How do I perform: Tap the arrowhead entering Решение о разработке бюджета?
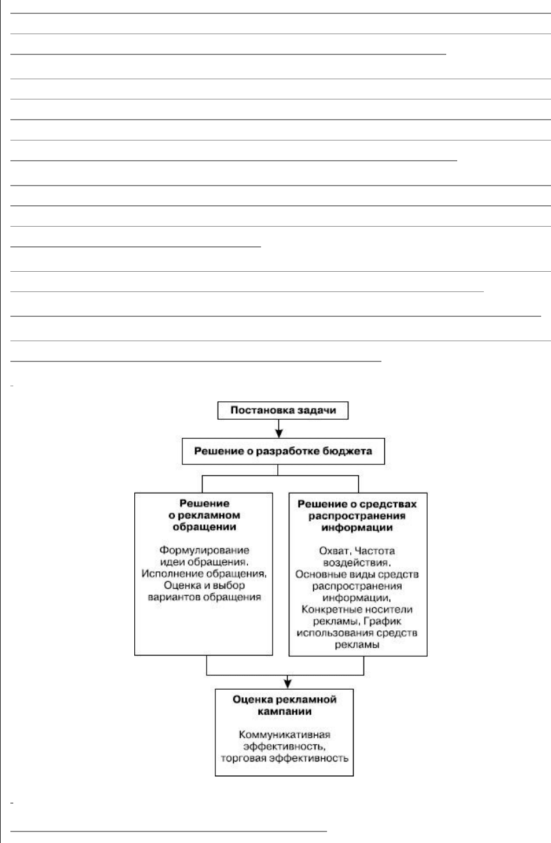(x=279, y=433)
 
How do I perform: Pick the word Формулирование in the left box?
(x=204, y=550)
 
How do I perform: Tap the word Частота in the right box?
(x=374, y=551)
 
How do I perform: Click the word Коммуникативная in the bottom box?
(x=284, y=735)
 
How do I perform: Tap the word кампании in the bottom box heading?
(x=284, y=711)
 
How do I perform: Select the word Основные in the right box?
(x=320, y=574)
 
